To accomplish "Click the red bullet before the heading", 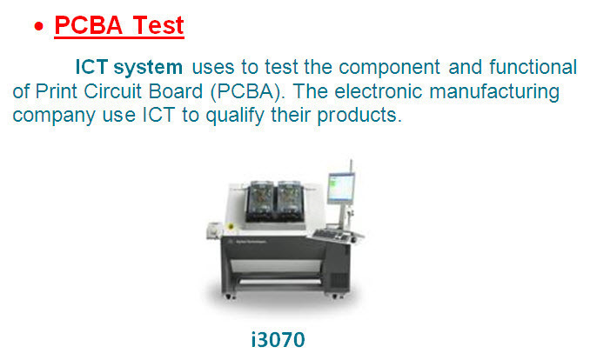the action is [38, 26].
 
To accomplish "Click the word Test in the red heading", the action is [158, 25].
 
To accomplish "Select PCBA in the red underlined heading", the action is [89, 25].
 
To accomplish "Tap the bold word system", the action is [148, 67].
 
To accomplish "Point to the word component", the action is [390, 68].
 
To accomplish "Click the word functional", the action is [533, 67].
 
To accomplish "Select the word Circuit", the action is [112, 91].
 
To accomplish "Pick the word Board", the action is [176, 91].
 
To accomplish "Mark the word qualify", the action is [235, 116].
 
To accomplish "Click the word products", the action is [359, 116].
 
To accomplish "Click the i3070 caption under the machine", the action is [278, 339].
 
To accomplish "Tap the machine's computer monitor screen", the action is [341, 187].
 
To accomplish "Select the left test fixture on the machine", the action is [260, 201].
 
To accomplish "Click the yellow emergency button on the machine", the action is [231, 226].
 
